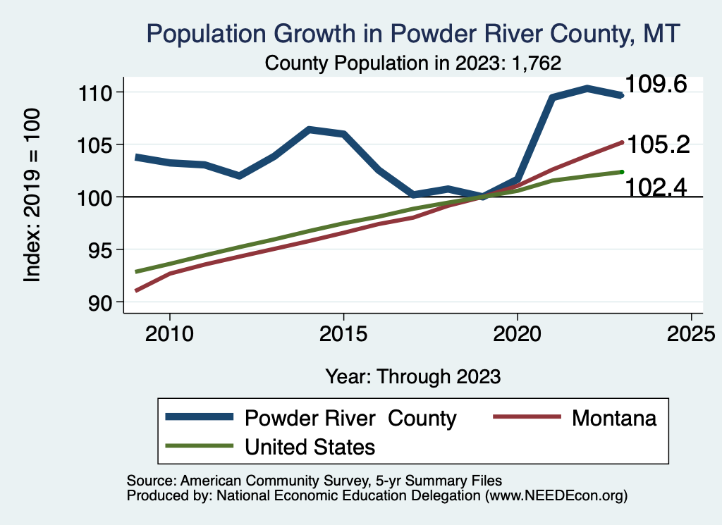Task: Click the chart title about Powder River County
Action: (x=412, y=34)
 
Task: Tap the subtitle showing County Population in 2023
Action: (x=412, y=63)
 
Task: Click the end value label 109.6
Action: (x=656, y=85)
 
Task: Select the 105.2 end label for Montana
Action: (x=659, y=144)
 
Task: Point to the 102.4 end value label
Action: (x=656, y=187)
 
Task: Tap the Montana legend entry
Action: (x=614, y=418)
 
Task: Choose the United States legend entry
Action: (x=310, y=446)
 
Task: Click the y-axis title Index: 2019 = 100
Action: (x=32, y=196)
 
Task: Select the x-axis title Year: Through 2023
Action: (x=412, y=376)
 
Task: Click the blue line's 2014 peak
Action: (x=309, y=130)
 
